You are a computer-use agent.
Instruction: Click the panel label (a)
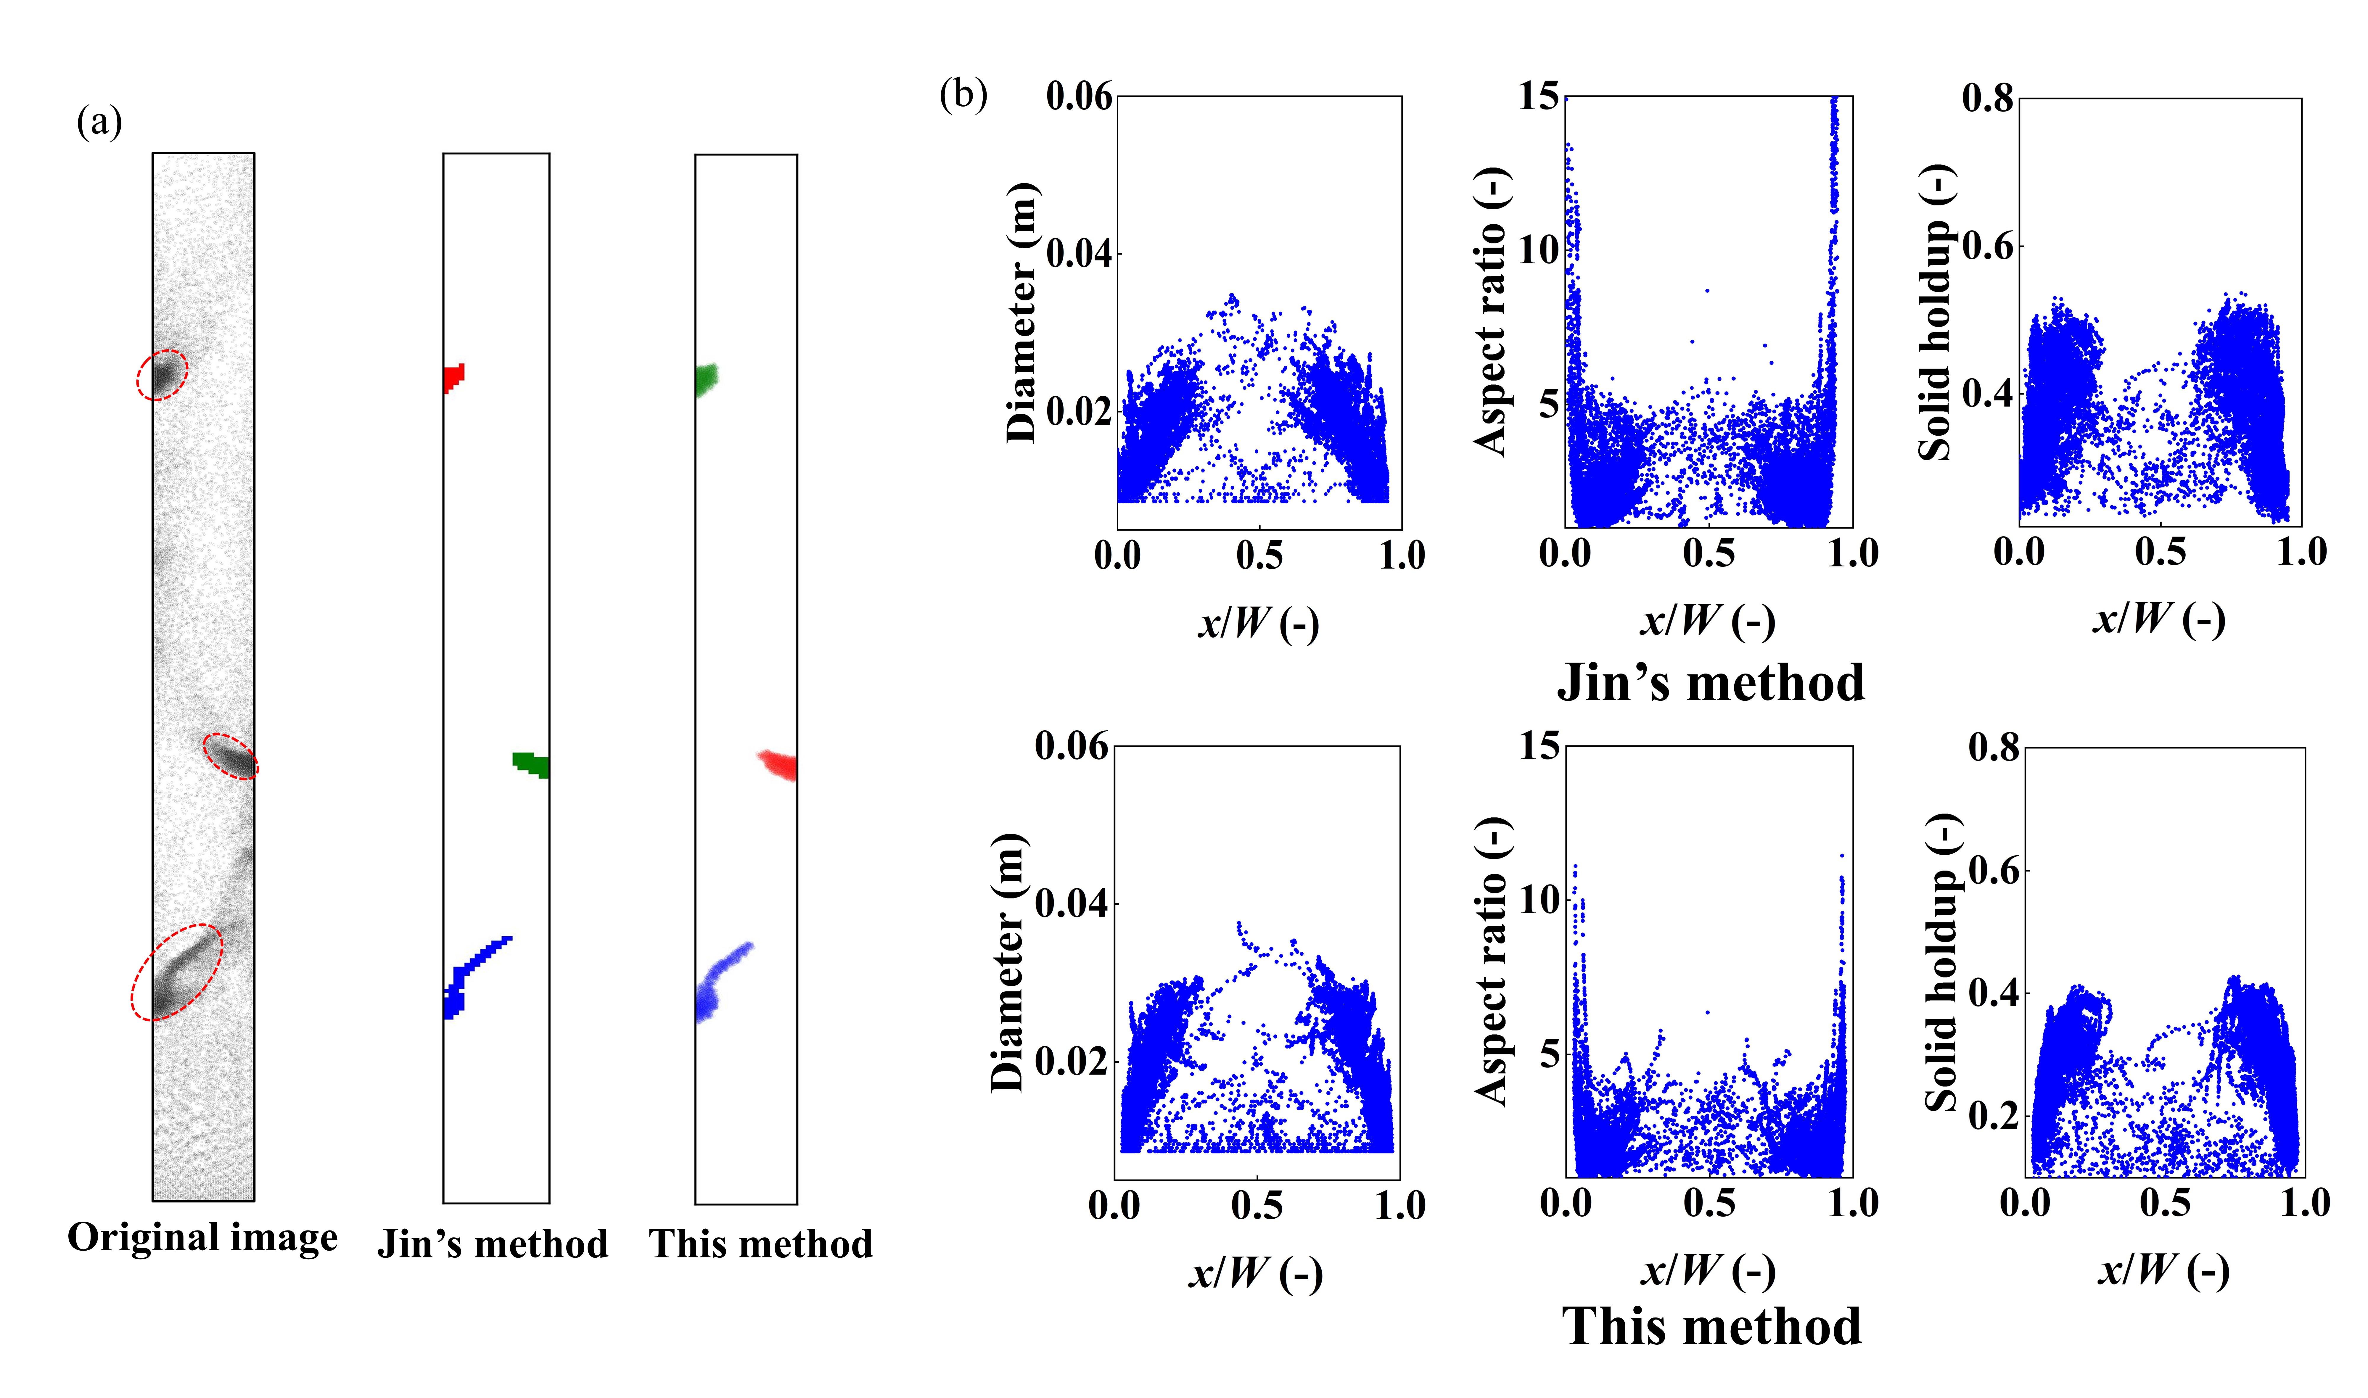coord(99,123)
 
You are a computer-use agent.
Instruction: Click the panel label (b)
coord(963,95)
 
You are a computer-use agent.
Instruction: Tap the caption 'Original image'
coord(202,1237)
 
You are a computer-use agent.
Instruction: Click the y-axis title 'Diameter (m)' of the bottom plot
coord(1008,963)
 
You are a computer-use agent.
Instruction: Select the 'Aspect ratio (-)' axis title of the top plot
coord(1492,311)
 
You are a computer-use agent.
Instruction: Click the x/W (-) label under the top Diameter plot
coord(1258,624)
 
